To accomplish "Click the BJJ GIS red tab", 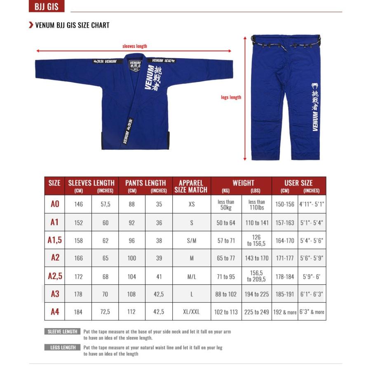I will (x=47, y=7).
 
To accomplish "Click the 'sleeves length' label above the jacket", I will (x=134, y=46).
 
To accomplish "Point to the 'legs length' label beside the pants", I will (x=231, y=97).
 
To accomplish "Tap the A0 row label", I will (x=55, y=204).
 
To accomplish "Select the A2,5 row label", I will (x=55, y=276).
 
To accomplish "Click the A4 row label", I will (x=55, y=312).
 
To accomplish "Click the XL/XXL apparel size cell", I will (x=191, y=312).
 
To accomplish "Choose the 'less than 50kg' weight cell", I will (x=226, y=204).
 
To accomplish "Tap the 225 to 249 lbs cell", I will (x=256, y=312).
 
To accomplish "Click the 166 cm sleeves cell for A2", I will (x=78, y=258).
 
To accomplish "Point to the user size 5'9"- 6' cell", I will (x=312, y=277).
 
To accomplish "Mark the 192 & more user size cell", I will (x=285, y=312).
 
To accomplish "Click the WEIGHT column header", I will (x=243, y=183).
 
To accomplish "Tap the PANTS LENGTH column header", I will (x=146, y=183).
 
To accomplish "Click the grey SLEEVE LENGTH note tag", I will (x=62, y=331).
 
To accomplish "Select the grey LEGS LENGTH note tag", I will (x=63, y=348).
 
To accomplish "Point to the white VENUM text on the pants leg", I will (x=315, y=122).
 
